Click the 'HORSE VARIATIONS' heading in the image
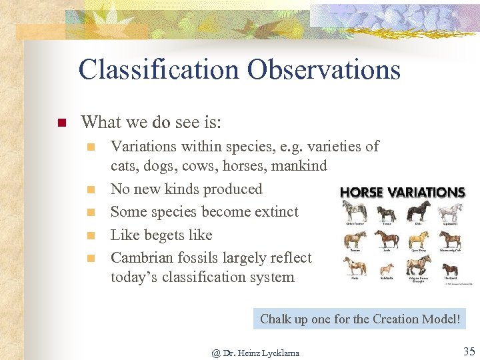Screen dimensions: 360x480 (x=402, y=192)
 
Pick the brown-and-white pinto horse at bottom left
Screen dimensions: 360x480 (x=353, y=267)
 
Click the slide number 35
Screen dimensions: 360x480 (x=468, y=351)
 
